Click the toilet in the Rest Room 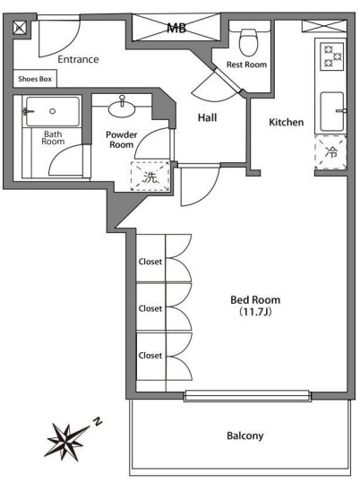tap(248, 40)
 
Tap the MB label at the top tap(176, 29)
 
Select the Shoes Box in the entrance tap(35, 79)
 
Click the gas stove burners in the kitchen tap(332, 56)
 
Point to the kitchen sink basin tap(332, 111)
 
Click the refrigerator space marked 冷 tap(330, 152)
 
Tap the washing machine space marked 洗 tap(150, 177)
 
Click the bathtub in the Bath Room tap(53, 111)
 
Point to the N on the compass tap(98, 421)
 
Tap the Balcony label tap(245, 436)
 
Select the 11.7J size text tap(255, 312)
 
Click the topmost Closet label tap(150, 262)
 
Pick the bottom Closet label tap(150, 356)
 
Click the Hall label tap(207, 117)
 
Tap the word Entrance tap(78, 59)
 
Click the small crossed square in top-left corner tap(20, 28)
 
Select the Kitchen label tap(286, 122)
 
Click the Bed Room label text tap(255, 299)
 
